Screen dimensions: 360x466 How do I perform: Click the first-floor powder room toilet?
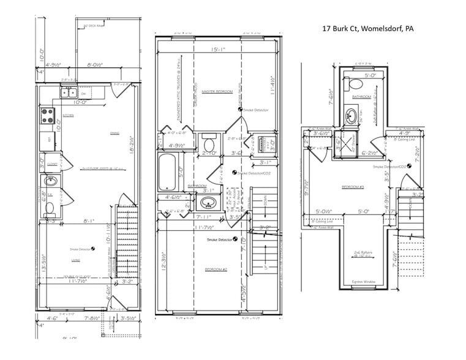click(x=50, y=208)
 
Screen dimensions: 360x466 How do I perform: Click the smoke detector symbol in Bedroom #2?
click(x=235, y=239)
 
